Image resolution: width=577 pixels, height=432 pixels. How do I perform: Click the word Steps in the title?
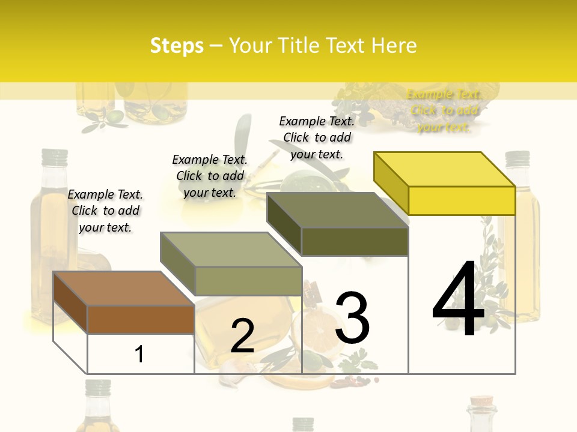[x=177, y=46]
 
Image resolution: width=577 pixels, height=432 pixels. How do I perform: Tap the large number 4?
[x=458, y=300]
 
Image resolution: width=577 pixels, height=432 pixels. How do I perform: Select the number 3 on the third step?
[x=352, y=318]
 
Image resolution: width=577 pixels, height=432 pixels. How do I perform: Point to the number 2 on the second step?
[x=242, y=336]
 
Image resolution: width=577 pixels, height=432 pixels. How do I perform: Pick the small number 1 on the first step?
[x=139, y=354]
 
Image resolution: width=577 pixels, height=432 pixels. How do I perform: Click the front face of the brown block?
[x=141, y=319]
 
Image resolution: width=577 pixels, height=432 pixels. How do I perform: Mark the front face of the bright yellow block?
[x=462, y=200]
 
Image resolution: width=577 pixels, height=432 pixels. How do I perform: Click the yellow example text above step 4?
[x=444, y=110]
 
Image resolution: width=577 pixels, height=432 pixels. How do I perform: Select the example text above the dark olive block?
[x=317, y=137]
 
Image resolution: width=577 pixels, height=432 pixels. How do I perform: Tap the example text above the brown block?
[x=105, y=211]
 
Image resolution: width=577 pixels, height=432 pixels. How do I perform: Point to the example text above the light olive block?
[x=210, y=176]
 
